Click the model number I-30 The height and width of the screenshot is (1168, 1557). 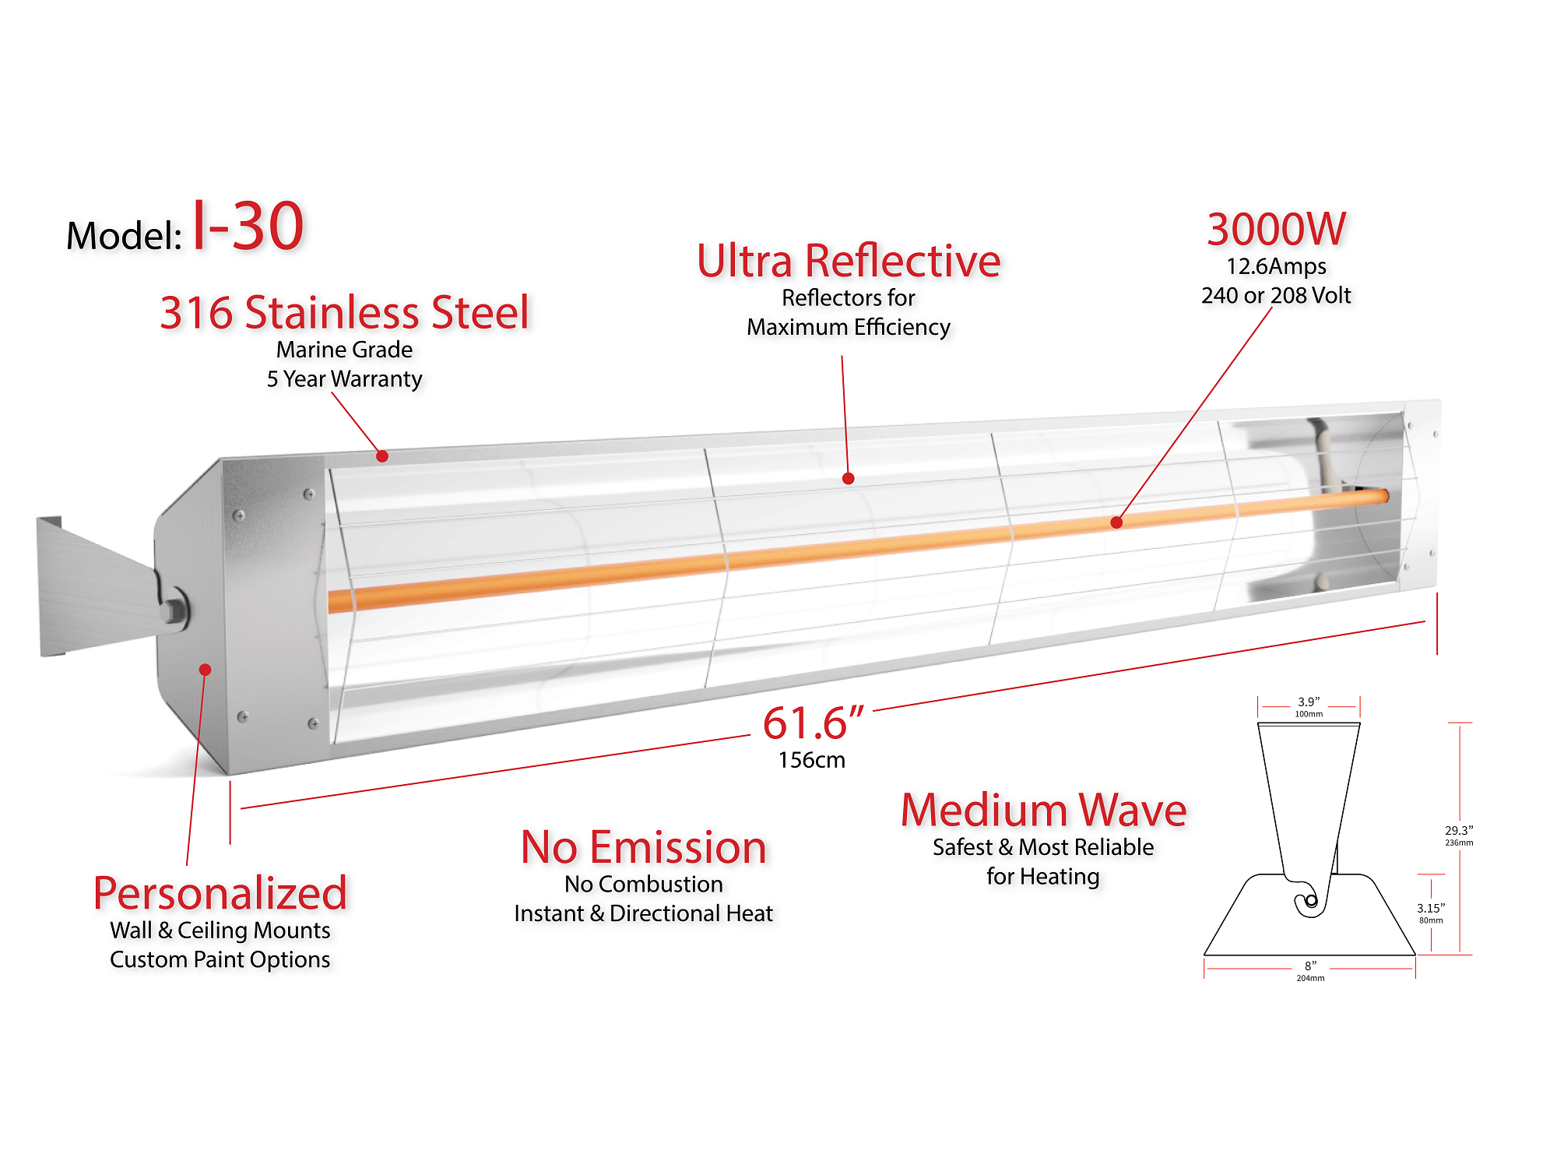[x=248, y=227]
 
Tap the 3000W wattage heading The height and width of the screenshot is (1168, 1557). [x=1276, y=230]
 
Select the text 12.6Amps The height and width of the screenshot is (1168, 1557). [x=1276, y=266]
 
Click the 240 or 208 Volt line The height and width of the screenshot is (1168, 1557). [x=1276, y=295]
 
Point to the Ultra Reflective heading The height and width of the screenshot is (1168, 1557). [x=848, y=261]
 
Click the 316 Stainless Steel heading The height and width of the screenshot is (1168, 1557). [x=344, y=313]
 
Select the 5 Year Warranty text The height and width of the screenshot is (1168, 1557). [x=344, y=379]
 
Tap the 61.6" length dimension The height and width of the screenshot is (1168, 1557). [x=812, y=723]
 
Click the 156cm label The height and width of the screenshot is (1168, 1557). [x=811, y=760]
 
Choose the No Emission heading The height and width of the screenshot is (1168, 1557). [x=643, y=847]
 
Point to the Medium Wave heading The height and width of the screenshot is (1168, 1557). [x=1043, y=810]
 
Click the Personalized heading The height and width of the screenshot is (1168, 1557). [x=220, y=893]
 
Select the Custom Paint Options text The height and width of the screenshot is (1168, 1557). [x=220, y=959]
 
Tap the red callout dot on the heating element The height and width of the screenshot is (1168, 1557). [x=1116, y=522]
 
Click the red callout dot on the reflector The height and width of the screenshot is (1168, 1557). [x=848, y=479]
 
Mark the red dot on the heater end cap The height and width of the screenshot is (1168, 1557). [x=205, y=670]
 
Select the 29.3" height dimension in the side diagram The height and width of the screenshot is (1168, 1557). [x=1459, y=831]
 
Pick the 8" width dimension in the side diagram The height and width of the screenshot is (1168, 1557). [x=1310, y=966]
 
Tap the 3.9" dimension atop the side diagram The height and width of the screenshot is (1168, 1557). [x=1309, y=702]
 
